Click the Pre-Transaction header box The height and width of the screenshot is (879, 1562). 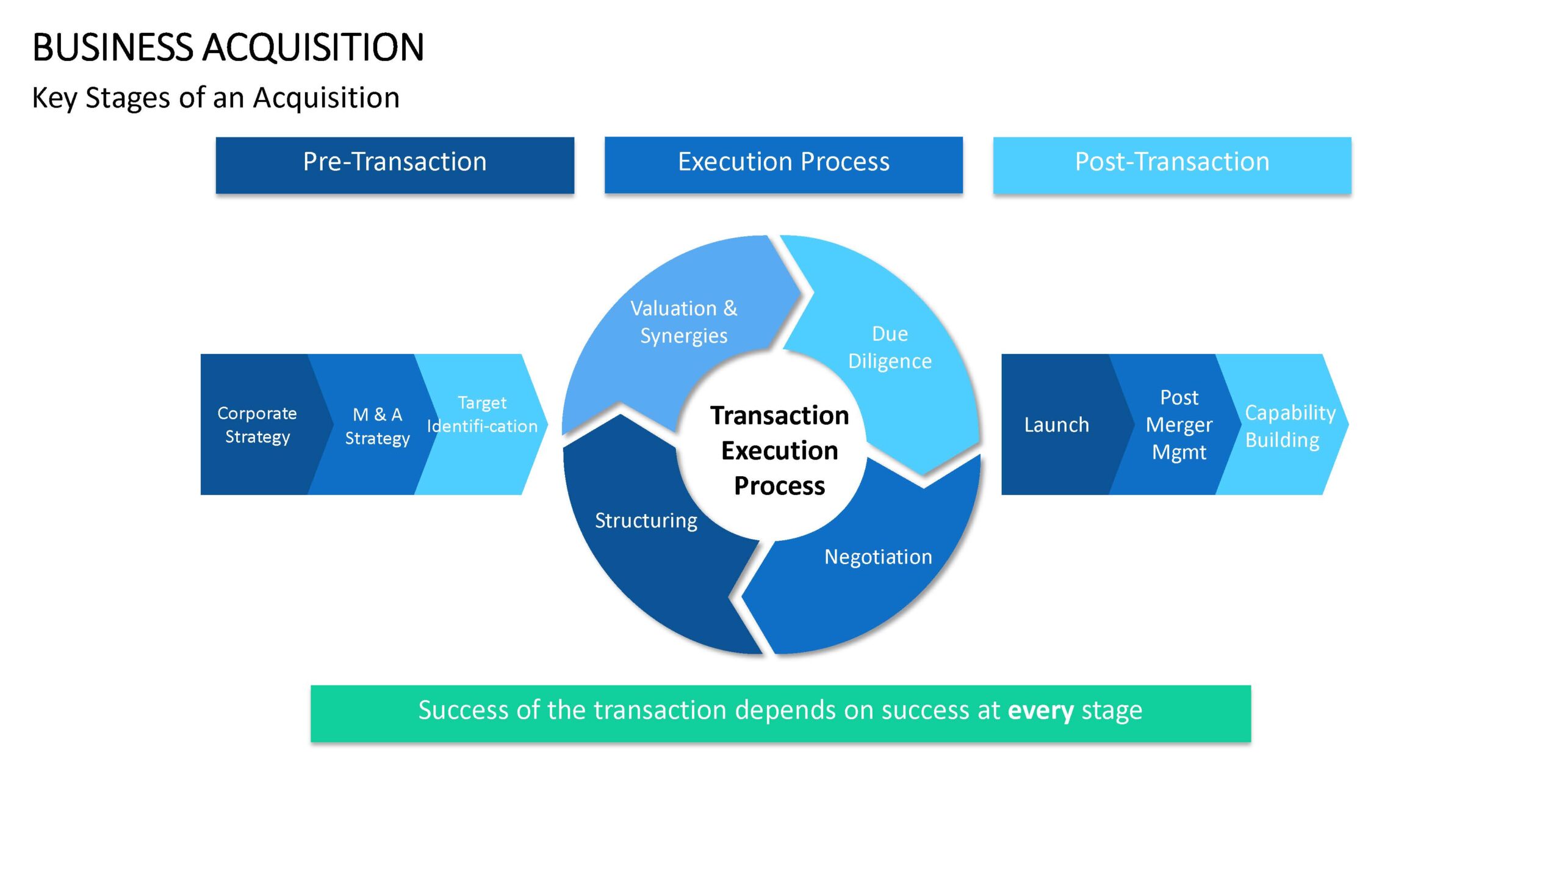(395, 165)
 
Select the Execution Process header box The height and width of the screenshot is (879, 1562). (783, 165)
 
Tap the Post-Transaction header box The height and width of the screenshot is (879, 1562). (1172, 165)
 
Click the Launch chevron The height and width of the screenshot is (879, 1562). (1059, 424)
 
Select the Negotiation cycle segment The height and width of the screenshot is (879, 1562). (873, 568)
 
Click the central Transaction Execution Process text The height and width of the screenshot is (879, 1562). (779, 450)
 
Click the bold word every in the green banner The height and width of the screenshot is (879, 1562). (1040, 711)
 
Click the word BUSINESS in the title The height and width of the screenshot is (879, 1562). (113, 47)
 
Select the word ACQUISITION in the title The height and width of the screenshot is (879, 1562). (313, 47)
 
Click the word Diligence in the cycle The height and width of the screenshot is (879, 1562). (890, 362)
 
